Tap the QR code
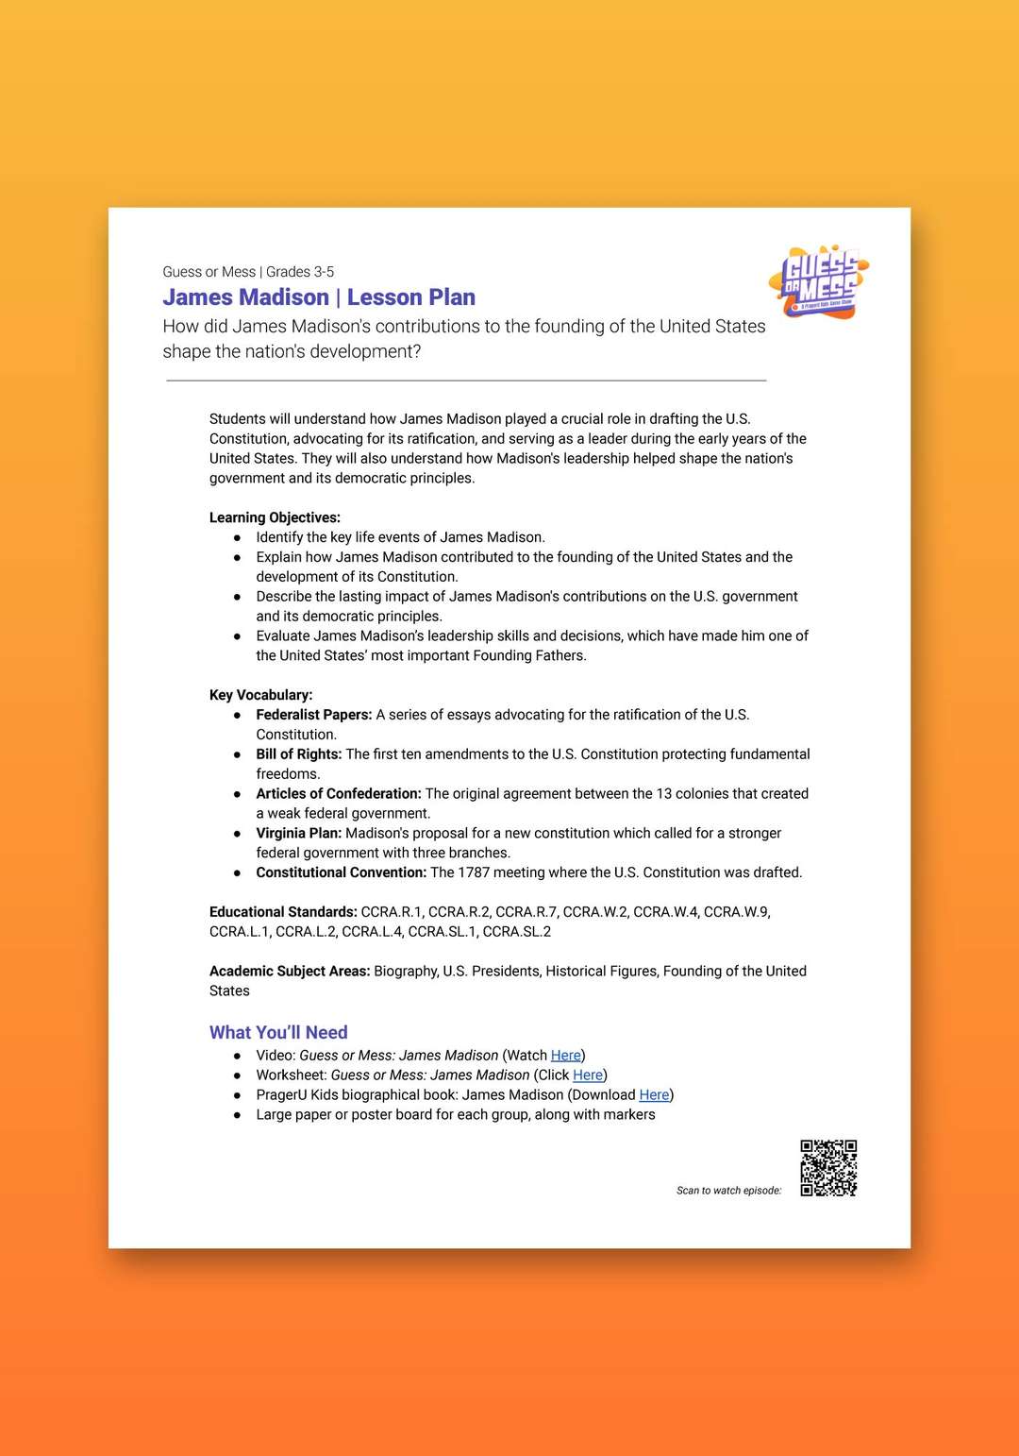pos(828,1168)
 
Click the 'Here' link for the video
pos(566,1055)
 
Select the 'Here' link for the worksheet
pos(588,1075)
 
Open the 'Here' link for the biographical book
pos(654,1094)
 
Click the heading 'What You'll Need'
pos(278,1032)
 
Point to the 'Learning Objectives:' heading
pos(275,517)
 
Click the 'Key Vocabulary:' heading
pos(260,695)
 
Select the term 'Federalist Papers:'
pos(314,715)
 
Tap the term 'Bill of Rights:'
pos(299,754)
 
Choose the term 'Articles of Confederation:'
pos(339,793)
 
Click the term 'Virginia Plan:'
pos(299,833)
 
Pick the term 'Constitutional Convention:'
pos(342,872)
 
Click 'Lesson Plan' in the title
pos(411,297)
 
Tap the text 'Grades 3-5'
pos(300,272)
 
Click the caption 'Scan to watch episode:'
pos(728,1191)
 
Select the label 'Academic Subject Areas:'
pos(290,971)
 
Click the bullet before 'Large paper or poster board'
pos(237,1115)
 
